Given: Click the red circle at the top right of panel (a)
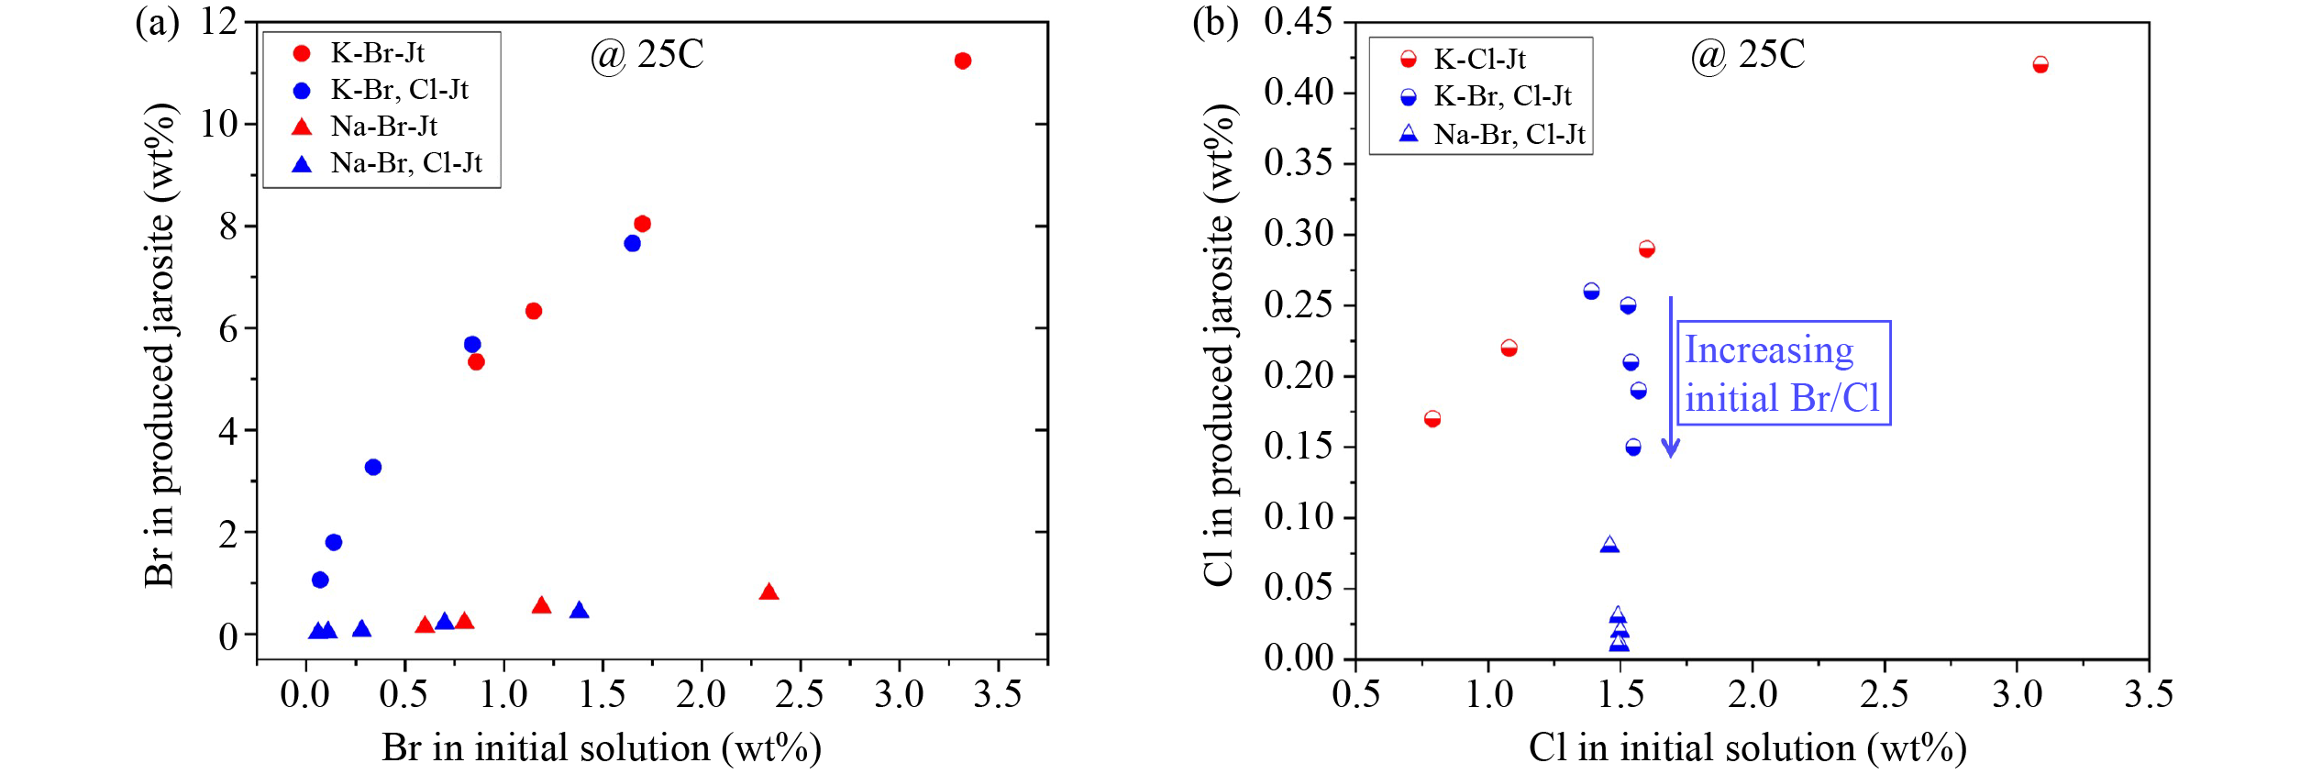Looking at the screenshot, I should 962,61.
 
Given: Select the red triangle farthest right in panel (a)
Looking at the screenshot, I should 768,592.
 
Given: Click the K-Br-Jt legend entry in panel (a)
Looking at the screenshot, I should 377,53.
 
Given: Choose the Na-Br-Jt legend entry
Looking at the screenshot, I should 383,126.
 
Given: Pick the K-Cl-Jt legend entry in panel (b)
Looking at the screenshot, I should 1478,60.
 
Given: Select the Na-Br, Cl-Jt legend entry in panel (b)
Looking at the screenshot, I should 1509,135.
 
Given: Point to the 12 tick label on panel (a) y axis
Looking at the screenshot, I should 218,20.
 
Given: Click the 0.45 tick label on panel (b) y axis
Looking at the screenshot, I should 1298,21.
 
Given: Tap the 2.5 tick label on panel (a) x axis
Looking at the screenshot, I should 799,694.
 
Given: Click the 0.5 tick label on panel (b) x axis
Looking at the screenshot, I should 1355,694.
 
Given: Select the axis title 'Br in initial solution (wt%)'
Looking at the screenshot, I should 601,748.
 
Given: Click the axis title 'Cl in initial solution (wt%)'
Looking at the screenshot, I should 1747,748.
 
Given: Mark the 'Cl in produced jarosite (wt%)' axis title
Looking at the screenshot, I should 1219,344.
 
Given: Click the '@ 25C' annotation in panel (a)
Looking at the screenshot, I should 647,55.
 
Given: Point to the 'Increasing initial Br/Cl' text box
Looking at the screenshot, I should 1783,373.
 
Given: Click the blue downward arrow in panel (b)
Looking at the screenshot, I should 1670,376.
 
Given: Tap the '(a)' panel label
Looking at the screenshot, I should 157,21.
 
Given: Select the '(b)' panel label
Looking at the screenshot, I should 1214,21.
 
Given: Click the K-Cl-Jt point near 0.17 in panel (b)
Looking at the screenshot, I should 1432,419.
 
